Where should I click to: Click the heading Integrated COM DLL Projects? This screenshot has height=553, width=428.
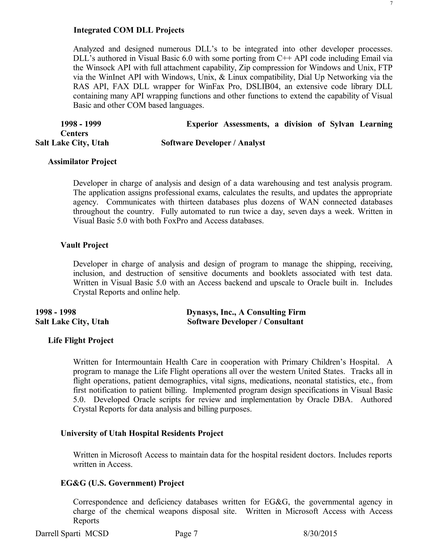point(129,30)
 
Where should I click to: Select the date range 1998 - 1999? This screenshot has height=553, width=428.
point(81,124)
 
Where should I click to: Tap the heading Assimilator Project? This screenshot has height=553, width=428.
point(82,162)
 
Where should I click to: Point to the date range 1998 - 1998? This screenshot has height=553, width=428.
point(56,312)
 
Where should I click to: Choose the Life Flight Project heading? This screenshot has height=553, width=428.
point(81,340)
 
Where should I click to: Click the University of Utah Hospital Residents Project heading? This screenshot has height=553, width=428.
point(142,433)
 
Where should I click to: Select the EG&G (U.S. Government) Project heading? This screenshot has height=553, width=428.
point(122,483)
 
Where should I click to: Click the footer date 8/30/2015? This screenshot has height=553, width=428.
point(320,534)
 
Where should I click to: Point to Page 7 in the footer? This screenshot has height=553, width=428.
point(186,534)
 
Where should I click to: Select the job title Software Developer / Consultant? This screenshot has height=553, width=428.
point(245,322)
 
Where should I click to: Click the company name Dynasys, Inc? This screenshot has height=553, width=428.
point(211,312)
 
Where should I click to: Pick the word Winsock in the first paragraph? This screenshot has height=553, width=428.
point(100,68)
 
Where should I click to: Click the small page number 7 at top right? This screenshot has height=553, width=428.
point(391,3)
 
